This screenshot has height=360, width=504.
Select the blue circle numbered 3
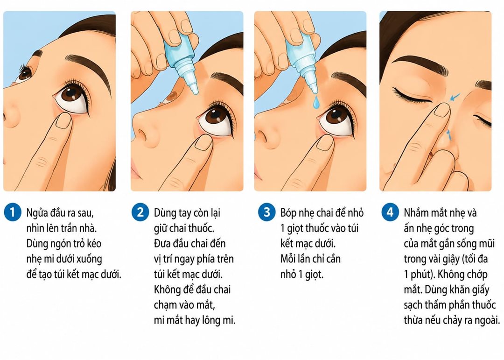click(x=267, y=212)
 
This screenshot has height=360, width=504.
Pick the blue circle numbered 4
click(x=390, y=212)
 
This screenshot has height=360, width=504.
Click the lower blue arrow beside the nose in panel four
click(x=449, y=134)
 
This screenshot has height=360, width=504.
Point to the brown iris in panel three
click(x=337, y=117)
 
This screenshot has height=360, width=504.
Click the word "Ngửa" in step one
click(x=37, y=213)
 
